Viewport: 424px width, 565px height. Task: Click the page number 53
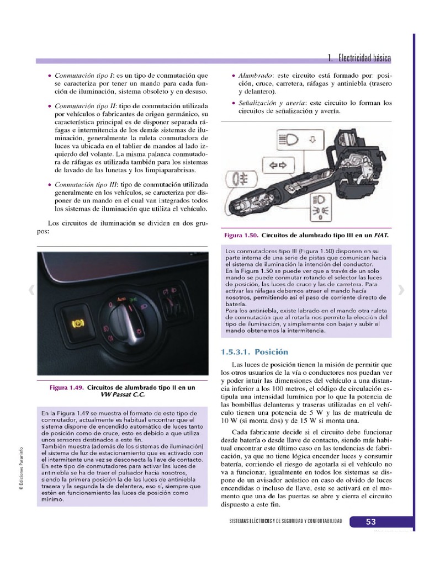point(370,521)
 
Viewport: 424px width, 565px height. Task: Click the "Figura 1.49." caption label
point(67,387)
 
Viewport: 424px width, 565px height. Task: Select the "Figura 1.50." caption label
point(241,235)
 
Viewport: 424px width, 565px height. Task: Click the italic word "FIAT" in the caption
point(380,235)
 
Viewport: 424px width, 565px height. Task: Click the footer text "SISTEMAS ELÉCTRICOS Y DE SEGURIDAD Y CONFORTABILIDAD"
point(285,521)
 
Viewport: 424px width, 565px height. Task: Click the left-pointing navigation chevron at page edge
point(31,290)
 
